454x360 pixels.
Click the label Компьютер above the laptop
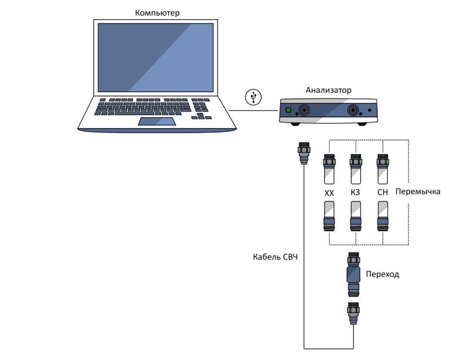(x=157, y=13)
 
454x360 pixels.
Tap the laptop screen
(x=156, y=57)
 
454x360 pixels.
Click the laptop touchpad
(x=157, y=121)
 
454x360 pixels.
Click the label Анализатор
(x=328, y=90)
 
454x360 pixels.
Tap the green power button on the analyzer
(x=288, y=110)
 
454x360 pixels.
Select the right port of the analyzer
(x=355, y=110)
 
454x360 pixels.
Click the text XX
(x=329, y=193)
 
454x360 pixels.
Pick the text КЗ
(x=356, y=193)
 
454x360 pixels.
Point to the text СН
(x=382, y=193)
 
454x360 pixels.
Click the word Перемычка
(x=418, y=192)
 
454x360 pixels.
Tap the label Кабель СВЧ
(x=275, y=257)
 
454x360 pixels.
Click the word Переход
(x=382, y=275)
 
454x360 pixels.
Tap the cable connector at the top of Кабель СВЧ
(x=303, y=152)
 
